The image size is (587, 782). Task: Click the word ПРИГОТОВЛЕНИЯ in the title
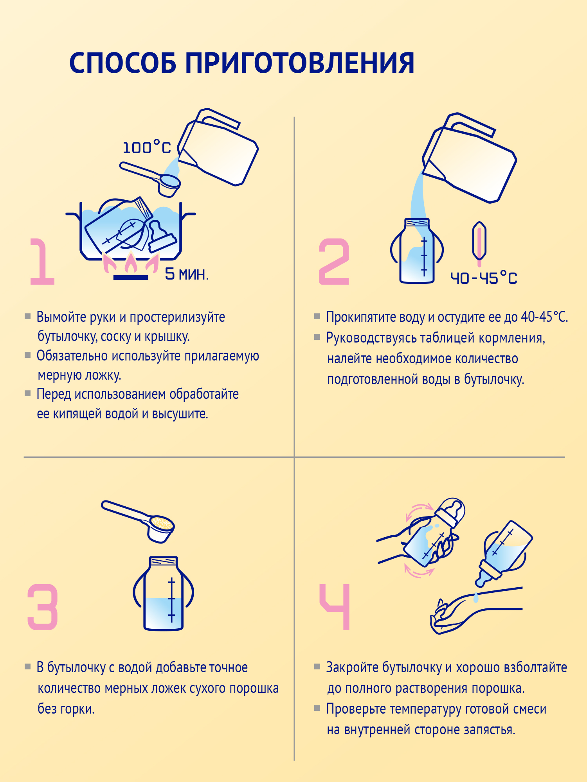pos(299,63)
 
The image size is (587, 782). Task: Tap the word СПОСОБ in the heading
pos(122,63)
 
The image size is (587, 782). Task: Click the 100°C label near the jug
pos(147,148)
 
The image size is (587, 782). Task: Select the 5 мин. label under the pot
pos(187,274)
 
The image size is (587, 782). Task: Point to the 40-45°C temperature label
pos(484,278)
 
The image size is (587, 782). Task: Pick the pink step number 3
pos(43,607)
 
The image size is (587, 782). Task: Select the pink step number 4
pos(335,607)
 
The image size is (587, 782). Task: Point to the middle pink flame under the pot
pos(131,263)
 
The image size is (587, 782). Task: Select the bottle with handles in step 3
pos(164,594)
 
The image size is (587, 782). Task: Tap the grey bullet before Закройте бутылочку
pos(317,666)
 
